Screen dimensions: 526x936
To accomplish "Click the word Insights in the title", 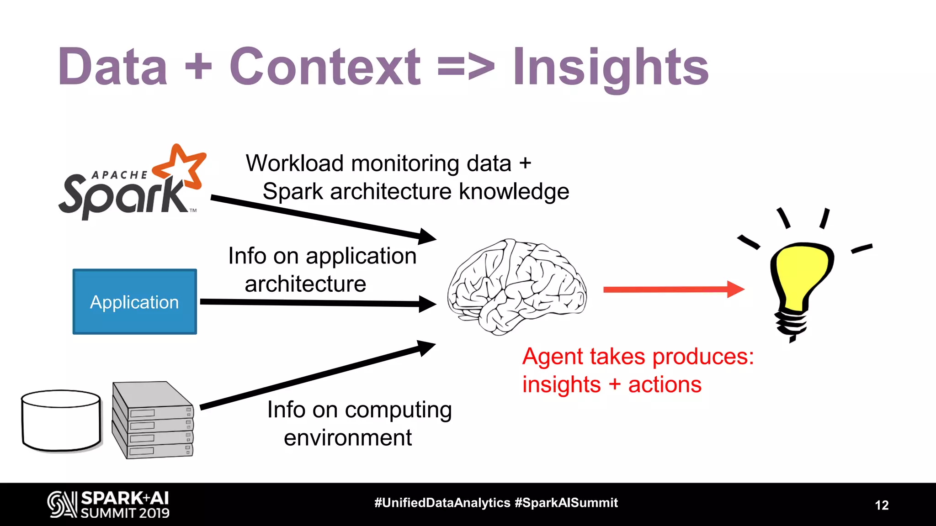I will coord(610,68).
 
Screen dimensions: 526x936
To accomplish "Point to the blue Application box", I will coord(134,302).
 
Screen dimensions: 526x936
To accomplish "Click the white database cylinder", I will coord(61,421).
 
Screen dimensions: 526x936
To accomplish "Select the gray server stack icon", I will coord(153,420).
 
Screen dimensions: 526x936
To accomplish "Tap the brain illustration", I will coord(516,287).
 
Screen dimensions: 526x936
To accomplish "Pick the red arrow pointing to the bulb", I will coord(672,289).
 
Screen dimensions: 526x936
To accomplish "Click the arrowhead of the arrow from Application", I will coord(427,304).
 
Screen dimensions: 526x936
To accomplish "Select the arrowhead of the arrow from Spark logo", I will coord(427,236).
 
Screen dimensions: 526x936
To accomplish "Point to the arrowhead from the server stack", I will coord(426,348).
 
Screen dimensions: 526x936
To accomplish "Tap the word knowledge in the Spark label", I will coord(514,191).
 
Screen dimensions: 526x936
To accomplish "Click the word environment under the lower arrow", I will coord(347,438).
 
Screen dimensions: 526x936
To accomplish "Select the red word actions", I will coord(665,384).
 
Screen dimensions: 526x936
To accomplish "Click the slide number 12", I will coord(882,505).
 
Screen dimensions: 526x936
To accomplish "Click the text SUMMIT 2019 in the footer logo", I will coord(125,513).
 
